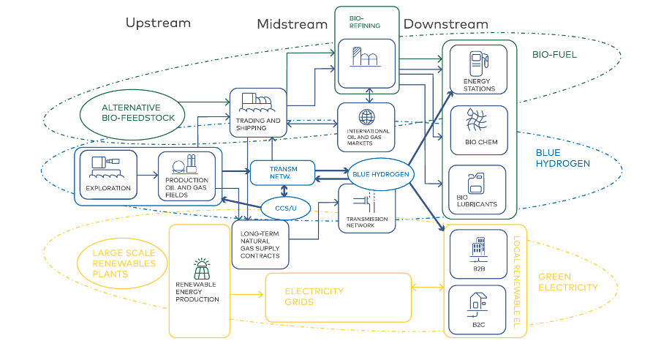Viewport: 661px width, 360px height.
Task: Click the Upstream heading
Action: pyautogui.click(x=158, y=23)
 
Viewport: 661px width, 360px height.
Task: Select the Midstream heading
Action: pyautogui.click(x=292, y=24)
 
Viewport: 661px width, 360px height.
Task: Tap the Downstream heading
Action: pyautogui.click(x=445, y=24)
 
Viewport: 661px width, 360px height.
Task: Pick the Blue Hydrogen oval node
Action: pyautogui.click(x=379, y=174)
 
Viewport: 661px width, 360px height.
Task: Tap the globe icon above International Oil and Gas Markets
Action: pyautogui.click(x=366, y=117)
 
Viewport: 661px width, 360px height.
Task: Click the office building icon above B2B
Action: pyautogui.click(x=479, y=245)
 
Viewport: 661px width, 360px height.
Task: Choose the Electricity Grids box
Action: pyautogui.click(x=338, y=296)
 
